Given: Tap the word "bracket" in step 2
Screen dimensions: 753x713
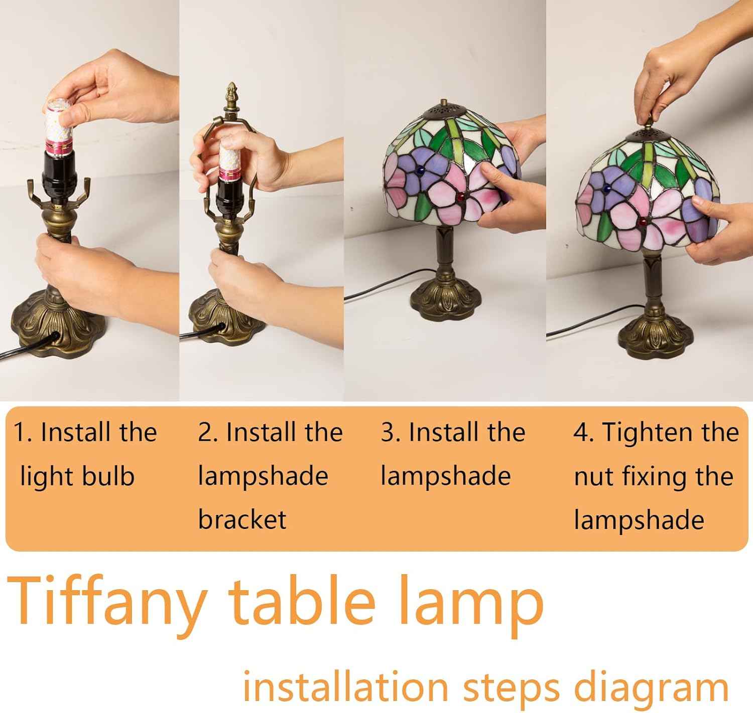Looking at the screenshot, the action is coord(242,519).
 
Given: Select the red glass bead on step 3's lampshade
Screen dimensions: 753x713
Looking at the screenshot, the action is coord(460,198).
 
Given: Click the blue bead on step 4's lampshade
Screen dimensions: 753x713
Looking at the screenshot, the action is coord(607,188).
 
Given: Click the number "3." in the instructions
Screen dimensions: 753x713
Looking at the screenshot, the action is coord(391,433).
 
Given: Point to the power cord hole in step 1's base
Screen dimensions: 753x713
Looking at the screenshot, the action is coord(54,336).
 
